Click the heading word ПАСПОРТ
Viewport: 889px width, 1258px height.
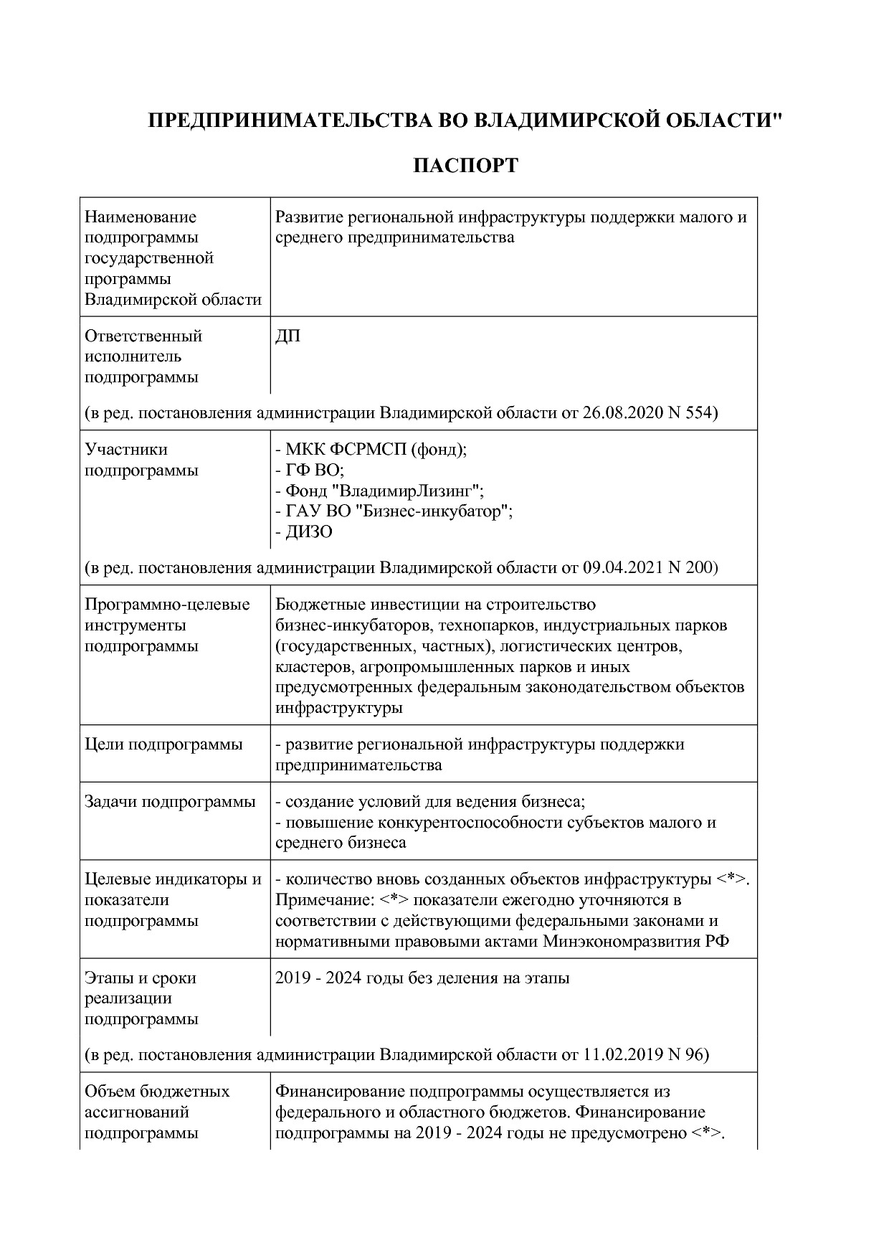[465, 166]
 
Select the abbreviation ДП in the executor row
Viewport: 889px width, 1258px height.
[287, 336]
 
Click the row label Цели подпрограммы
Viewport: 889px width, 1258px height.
[163, 744]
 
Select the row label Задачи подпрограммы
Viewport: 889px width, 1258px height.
[170, 802]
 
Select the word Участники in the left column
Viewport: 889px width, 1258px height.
[126, 450]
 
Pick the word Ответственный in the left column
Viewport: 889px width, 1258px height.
[143, 336]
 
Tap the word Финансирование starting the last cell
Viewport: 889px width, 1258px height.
[339, 1092]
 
